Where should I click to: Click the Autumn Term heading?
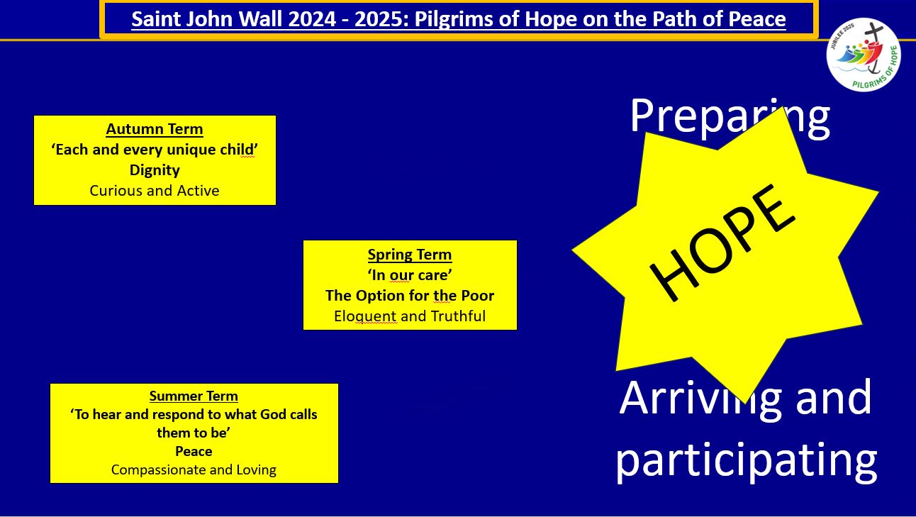155,129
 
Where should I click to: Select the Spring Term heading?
410,255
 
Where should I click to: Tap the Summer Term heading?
194,396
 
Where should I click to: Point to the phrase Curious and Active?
155,191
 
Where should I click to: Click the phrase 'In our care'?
410,275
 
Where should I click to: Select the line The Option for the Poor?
410,295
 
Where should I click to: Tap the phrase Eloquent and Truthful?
410,316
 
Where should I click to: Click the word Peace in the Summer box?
194,451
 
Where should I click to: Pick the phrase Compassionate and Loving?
194,470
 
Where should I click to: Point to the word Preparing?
730,118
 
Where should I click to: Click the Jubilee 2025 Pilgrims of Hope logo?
864,55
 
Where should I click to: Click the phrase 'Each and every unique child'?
155,150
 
